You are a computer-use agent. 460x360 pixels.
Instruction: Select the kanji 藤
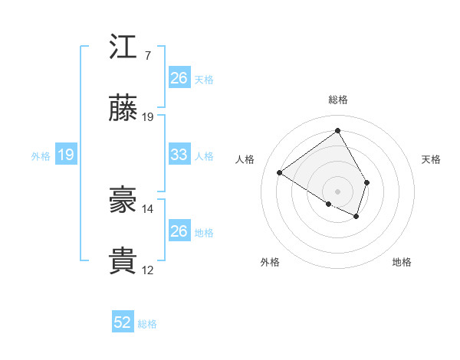point(123,109)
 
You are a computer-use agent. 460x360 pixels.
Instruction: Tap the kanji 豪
point(123,201)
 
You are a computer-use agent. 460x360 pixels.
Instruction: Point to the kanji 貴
point(123,261)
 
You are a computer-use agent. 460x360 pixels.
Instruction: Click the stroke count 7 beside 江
point(148,56)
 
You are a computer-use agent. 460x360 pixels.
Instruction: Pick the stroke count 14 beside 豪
point(148,208)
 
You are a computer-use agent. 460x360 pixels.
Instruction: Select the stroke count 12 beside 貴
point(148,270)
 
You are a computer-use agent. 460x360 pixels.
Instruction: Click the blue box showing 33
point(179,155)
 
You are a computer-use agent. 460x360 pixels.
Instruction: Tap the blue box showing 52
point(123,322)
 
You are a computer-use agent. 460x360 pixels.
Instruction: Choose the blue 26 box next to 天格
point(179,78)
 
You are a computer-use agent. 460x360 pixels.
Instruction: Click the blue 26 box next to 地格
point(179,231)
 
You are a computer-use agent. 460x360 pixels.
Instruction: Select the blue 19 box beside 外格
point(65,155)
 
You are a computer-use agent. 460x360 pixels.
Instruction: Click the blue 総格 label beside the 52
point(147,324)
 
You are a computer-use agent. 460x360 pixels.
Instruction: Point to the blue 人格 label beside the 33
point(204,156)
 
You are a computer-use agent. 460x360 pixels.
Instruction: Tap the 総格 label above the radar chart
point(338,100)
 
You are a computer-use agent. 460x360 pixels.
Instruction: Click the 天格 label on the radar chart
point(432,159)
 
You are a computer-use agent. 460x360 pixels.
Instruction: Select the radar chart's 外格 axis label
point(269,262)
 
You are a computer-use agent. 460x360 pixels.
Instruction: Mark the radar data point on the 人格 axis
point(280,173)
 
